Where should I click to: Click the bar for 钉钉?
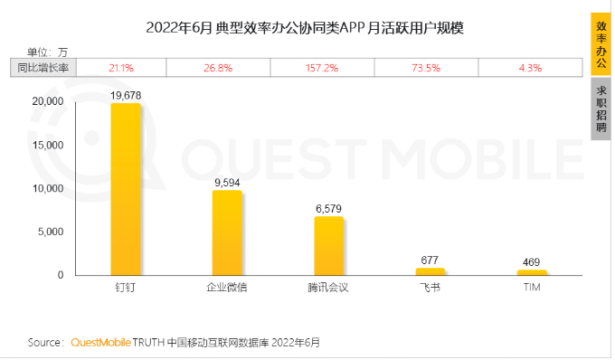click(x=126, y=189)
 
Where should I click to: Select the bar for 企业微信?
click(x=227, y=232)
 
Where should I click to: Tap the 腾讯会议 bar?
click(x=328, y=245)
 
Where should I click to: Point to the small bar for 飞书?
click(x=430, y=270)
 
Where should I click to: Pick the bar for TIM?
click(x=532, y=271)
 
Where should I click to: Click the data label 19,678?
click(x=126, y=94)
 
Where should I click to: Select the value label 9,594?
click(x=227, y=182)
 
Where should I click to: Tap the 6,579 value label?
click(x=328, y=208)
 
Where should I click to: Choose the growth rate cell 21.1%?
click(x=121, y=68)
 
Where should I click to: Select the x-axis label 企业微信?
click(x=227, y=289)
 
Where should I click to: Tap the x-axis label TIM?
click(x=532, y=289)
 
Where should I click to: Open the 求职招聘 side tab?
click(x=601, y=109)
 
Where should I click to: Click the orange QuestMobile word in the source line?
click(x=100, y=343)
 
